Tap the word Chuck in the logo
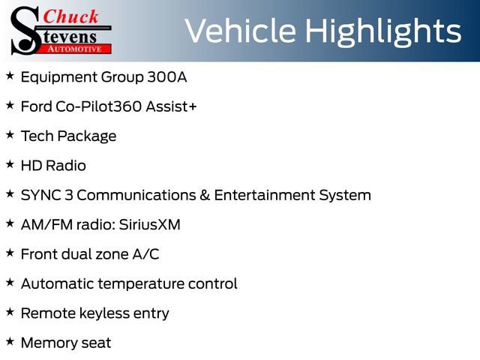point(71,16)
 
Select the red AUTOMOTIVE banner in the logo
point(77,48)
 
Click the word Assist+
point(172,106)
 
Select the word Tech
point(37,136)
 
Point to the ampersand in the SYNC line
point(203,195)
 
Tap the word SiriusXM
point(149,224)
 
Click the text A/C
point(145,253)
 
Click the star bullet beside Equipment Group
point(10,76)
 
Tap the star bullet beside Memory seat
point(10,341)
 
